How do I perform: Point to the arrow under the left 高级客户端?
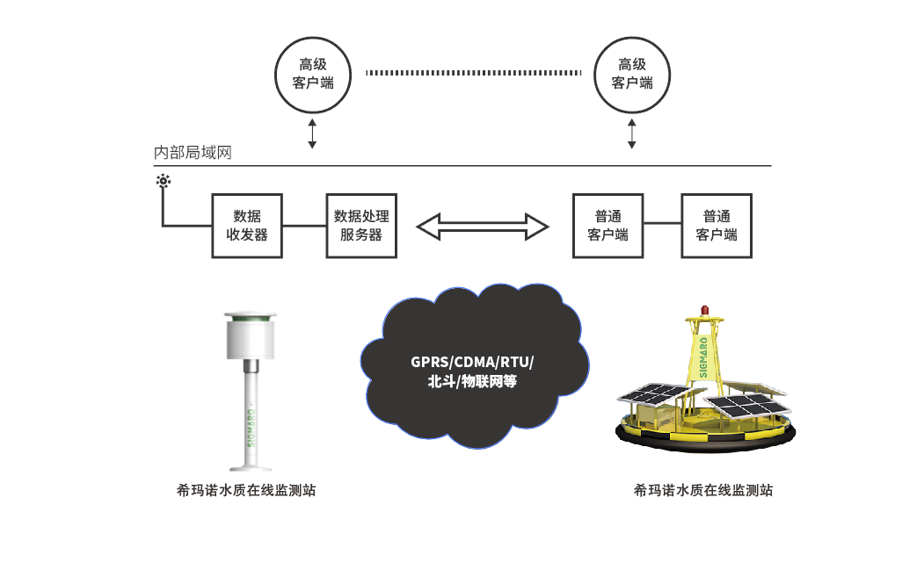(x=312, y=133)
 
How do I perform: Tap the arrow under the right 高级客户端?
(x=632, y=133)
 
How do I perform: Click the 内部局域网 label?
(x=193, y=153)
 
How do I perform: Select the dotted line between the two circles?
(x=473, y=73)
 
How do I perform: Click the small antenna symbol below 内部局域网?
(x=164, y=181)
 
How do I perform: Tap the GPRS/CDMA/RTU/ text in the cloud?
(x=472, y=362)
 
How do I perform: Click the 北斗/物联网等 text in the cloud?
(x=472, y=381)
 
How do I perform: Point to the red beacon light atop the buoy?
(x=704, y=310)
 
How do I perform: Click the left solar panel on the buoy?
(x=655, y=393)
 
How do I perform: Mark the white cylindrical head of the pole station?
(x=251, y=335)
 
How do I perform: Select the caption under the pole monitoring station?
(x=246, y=490)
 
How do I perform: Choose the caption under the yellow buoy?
(x=703, y=490)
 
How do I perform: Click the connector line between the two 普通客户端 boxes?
(x=662, y=223)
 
